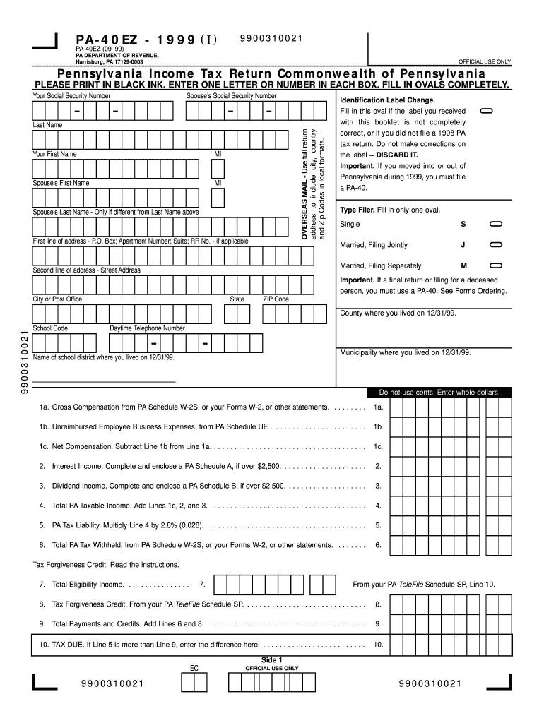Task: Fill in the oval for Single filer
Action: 495,225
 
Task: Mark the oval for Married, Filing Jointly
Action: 495,246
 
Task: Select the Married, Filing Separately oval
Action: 495,266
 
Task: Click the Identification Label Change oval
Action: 486,112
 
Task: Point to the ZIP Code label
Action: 276,299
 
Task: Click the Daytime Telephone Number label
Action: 147,328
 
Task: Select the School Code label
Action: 50,328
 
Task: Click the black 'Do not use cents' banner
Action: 439,392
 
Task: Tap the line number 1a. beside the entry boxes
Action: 378,407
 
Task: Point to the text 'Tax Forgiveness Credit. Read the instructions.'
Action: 106,565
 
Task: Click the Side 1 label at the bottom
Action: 271,659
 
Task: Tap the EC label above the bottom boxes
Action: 194,668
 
